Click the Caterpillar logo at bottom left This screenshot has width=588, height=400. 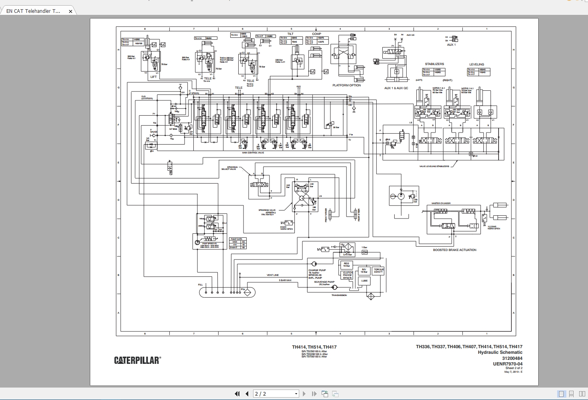(x=137, y=360)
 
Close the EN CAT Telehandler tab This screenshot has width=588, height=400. (x=71, y=11)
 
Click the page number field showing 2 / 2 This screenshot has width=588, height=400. (x=276, y=394)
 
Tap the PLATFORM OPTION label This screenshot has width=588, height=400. (x=347, y=85)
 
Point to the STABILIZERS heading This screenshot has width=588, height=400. (x=434, y=64)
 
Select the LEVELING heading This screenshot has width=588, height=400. (x=476, y=64)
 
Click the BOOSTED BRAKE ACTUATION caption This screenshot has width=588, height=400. (x=454, y=250)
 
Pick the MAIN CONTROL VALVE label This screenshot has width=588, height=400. (x=253, y=153)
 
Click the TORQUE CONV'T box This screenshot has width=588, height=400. (x=379, y=271)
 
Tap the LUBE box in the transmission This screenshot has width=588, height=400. (x=364, y=281)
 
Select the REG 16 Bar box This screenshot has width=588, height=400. (x=346, y=265)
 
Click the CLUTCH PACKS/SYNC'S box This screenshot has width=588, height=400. (x=347, y=275)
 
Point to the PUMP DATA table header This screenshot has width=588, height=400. (x=237, y=239)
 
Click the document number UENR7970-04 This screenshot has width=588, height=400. (x=507, y=364)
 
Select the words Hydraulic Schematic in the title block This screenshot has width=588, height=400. (x=500, y=352)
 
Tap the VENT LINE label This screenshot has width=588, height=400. (x=273, y=275)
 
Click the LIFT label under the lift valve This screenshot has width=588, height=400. (x=154, y=77)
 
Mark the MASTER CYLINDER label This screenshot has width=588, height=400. (x=441, y=203)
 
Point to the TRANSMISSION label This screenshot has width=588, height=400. (x=339, y=295)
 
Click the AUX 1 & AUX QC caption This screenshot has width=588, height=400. (x=396, y=88)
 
